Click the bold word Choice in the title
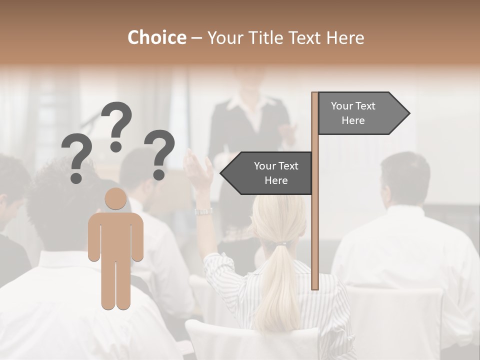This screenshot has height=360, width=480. pyautogui.click(x=156, y=37)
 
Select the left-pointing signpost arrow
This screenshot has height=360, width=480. pyautogui.click(x=267, y=173)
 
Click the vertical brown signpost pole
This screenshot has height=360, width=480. pyautogui.click(x=315, y=225)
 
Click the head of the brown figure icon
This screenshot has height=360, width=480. pyautogui.click(x=115, y=199)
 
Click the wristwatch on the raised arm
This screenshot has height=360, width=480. pyautogui.click(x=203, y=211)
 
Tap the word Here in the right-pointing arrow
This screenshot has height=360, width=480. pyautogui.click(x=353, y=120)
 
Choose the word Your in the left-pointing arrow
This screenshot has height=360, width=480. pyautogui.click(x=265, y=166)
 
